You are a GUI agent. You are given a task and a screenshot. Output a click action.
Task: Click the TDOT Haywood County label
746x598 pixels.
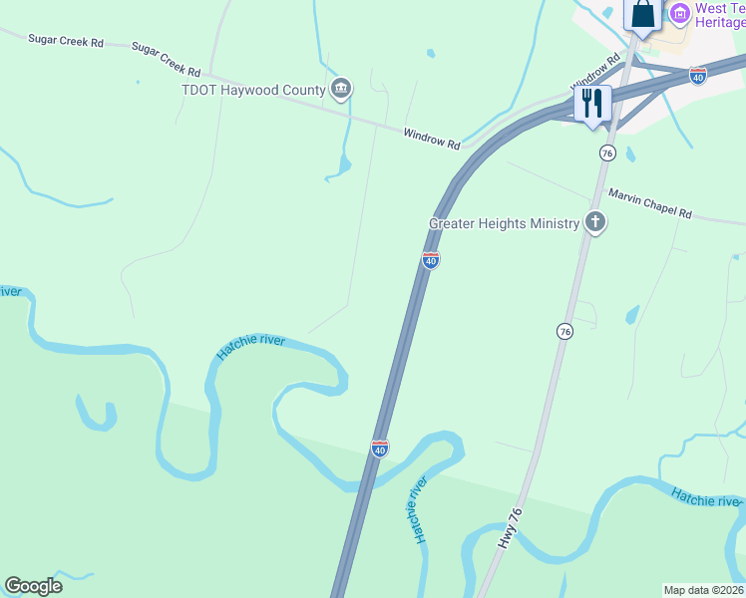253,91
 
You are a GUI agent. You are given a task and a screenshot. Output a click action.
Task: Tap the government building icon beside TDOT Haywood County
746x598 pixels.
341,90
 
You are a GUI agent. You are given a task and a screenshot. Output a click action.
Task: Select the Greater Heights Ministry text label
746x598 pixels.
504,224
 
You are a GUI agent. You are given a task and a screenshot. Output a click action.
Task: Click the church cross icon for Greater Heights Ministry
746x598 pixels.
595,222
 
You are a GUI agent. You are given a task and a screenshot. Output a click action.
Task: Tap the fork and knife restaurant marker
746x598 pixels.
592,104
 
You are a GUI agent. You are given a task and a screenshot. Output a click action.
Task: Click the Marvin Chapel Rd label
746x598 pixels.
649,204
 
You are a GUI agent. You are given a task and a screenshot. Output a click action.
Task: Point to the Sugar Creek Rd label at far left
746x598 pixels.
66,42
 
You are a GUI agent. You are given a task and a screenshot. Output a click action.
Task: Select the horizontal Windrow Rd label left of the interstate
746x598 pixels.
432,139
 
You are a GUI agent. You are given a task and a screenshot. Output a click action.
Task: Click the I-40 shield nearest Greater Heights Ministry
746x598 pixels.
430,260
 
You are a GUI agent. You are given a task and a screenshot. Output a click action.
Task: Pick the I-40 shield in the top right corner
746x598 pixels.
698,76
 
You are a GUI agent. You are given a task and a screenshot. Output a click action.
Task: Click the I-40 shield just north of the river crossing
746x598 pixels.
379,448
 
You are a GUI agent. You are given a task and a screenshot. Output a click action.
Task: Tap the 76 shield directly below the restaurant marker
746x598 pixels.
606,152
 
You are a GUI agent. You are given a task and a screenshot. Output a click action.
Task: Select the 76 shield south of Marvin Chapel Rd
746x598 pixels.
564,330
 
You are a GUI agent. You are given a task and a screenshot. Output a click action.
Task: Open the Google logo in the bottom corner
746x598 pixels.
33,586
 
